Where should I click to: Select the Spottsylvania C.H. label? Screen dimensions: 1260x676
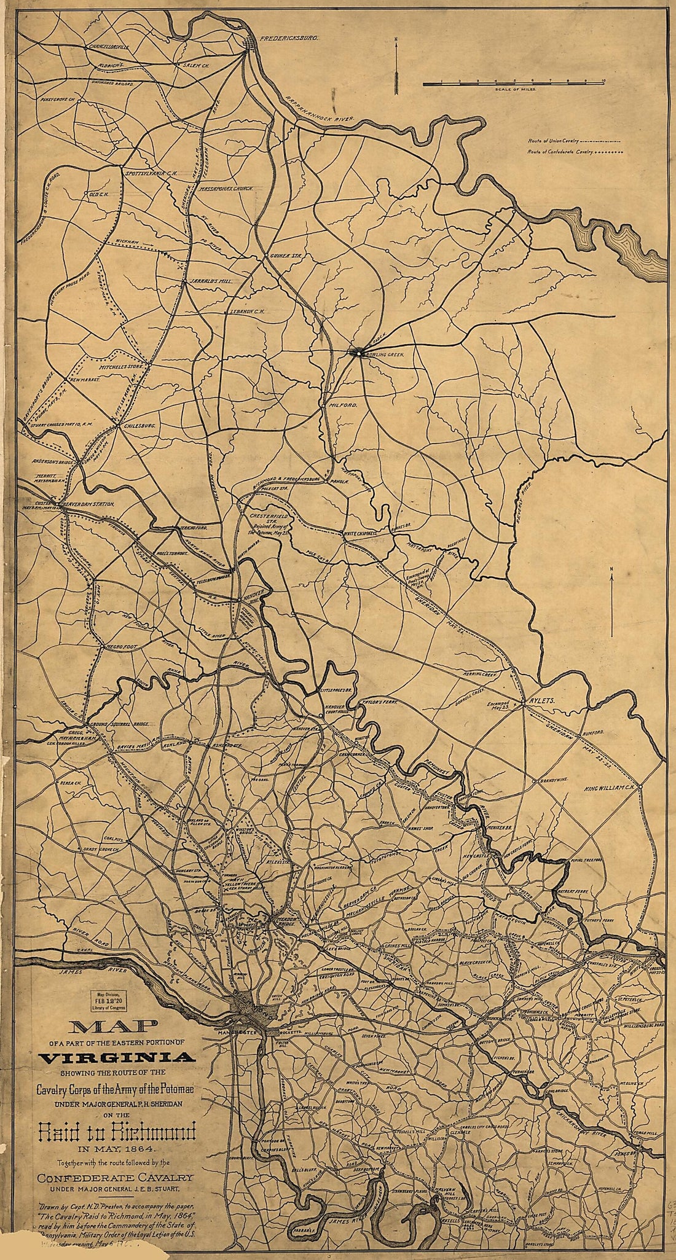tap(151, 174)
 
